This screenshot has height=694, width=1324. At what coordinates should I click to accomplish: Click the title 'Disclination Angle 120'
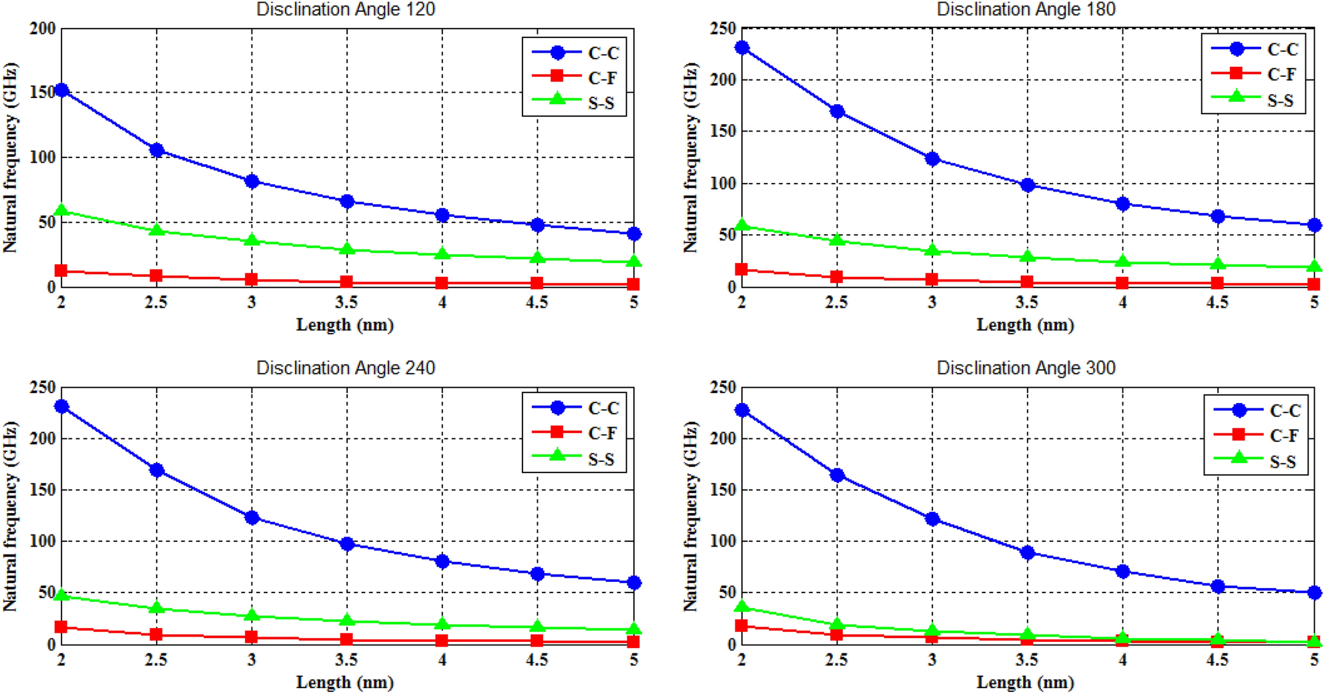[x=345, y=9]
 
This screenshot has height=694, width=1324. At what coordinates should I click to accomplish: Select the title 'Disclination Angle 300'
[x=1026, y=368]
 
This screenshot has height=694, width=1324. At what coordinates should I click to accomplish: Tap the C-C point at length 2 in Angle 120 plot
[x=61, y=90]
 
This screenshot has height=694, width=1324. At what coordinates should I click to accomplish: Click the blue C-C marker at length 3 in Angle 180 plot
[x=932, y=159]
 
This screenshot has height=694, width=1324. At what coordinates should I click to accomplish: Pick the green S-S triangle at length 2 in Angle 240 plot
[x=61, y=595]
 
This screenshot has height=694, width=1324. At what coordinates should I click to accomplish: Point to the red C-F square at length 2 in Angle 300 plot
[x=741, y=625]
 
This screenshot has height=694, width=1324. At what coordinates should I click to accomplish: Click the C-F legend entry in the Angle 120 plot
[x=575, y=77]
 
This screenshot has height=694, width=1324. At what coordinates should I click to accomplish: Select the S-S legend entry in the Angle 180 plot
[x=1254, y=100]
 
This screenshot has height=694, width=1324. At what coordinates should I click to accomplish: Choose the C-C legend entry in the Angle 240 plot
[x=575, y=408]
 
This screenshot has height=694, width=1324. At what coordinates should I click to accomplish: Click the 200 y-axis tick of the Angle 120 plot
[x=43, y=29]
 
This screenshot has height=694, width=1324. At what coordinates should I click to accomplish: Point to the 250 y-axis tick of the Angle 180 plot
[x=723, y=29]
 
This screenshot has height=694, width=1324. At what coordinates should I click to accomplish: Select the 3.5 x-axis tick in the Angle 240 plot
[x=346, y=660]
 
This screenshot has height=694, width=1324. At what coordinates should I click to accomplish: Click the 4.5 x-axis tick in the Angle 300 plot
[x=1217, y=660]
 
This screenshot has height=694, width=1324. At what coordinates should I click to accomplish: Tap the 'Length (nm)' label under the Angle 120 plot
[x=345, y=325]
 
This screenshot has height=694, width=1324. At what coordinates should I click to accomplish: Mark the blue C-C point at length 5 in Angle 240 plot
[x=633, y=583]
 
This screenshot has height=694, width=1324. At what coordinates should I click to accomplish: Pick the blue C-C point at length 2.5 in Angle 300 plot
[x=837, y=475]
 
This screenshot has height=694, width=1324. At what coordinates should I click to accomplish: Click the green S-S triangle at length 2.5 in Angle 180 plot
[x=837, y=240]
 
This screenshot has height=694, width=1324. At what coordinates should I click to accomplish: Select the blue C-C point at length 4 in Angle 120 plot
[x=442, y=215]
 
